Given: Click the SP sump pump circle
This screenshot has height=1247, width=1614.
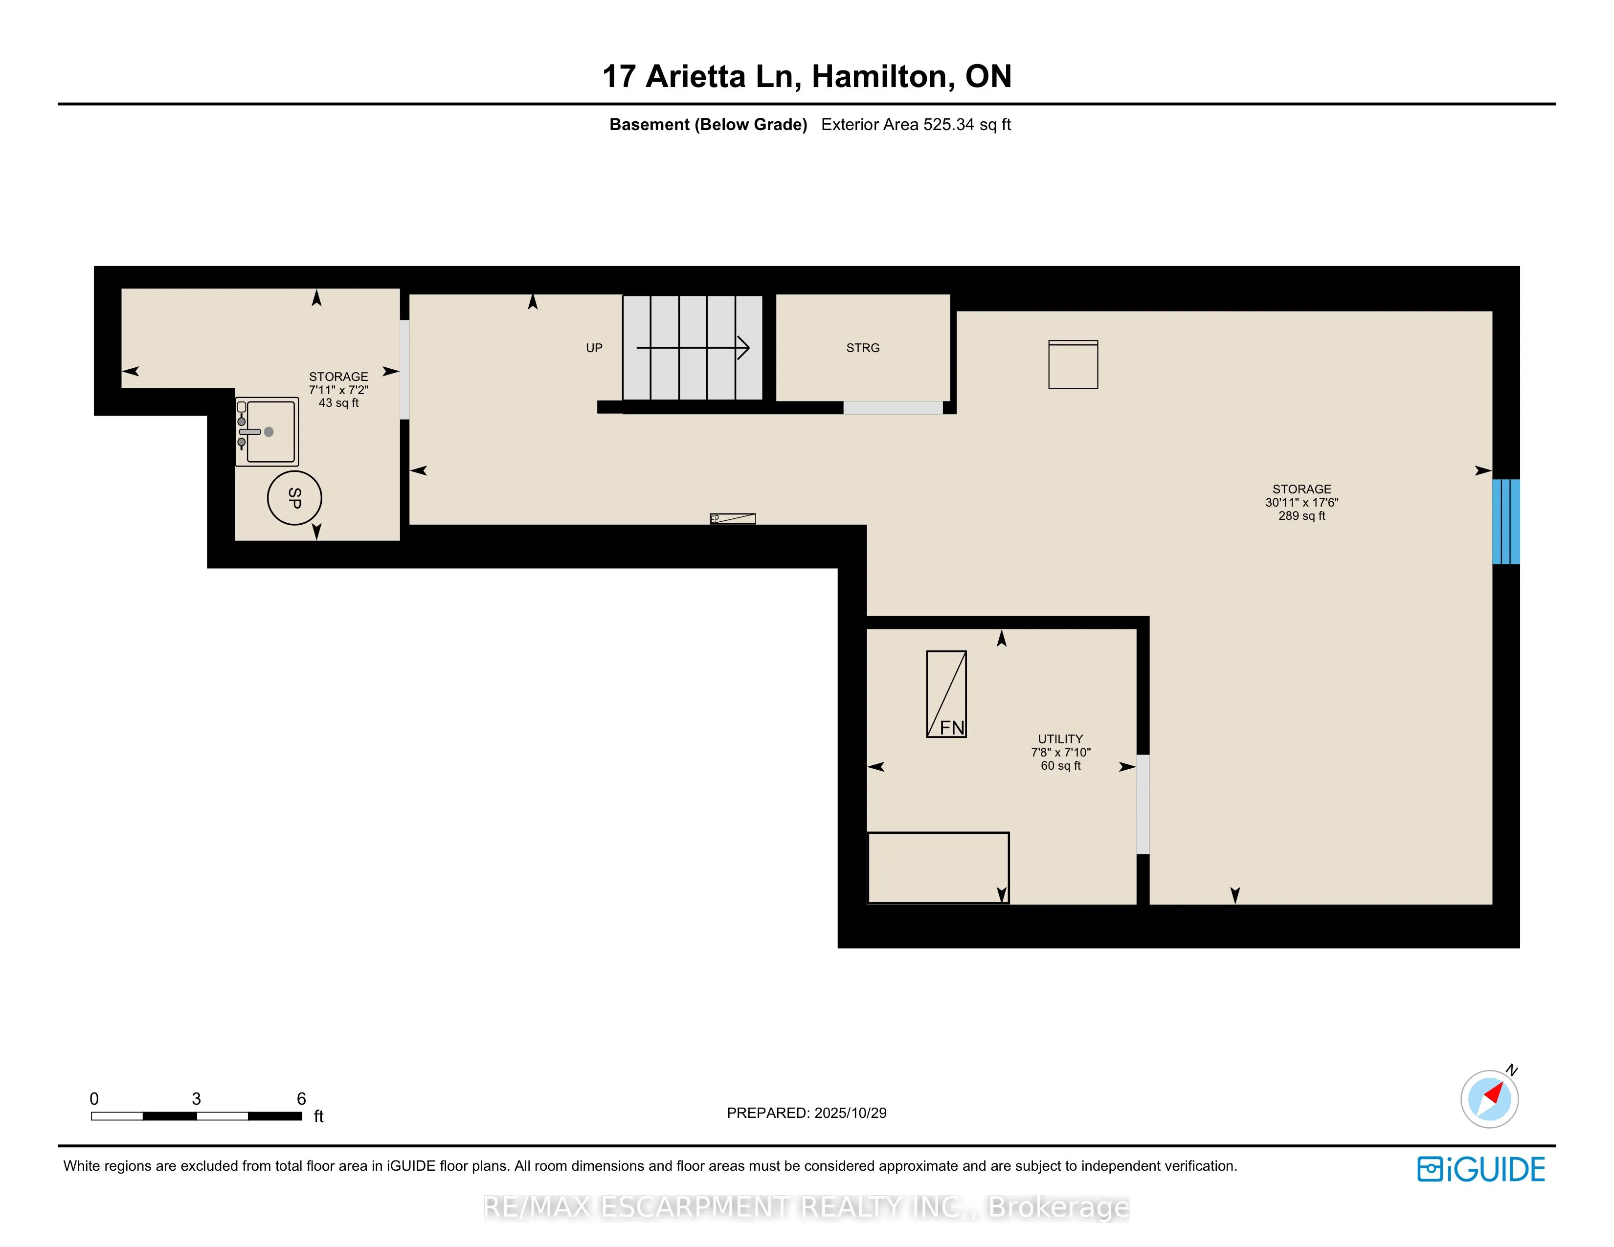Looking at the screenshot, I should (294, 498).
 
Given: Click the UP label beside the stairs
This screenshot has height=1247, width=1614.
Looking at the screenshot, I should (594, 348).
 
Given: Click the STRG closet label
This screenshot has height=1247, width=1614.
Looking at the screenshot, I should (862, 348).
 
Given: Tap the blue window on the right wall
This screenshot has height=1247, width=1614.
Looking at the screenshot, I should (1505, 522).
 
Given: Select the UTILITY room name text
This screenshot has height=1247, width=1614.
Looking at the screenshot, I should (1060, 739).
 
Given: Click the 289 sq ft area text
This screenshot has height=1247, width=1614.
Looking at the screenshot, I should (1301, 515).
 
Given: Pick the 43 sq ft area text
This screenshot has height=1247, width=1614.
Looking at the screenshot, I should (338, 402).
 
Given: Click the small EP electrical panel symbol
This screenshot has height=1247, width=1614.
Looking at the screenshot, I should (732, 518).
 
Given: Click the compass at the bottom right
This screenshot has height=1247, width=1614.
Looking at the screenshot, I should (1489, 1099).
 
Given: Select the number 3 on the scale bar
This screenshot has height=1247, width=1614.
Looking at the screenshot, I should (196, 1098).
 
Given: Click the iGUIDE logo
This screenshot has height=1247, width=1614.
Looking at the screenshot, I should (1480, 1169).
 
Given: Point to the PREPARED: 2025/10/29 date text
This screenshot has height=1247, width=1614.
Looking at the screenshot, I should (806, 1113).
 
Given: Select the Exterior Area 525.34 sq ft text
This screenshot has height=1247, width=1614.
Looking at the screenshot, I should (916, 124).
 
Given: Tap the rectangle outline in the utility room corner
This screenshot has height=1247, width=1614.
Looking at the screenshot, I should (938, 868).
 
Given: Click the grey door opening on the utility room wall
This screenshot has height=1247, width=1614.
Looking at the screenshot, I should (1143, 804).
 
